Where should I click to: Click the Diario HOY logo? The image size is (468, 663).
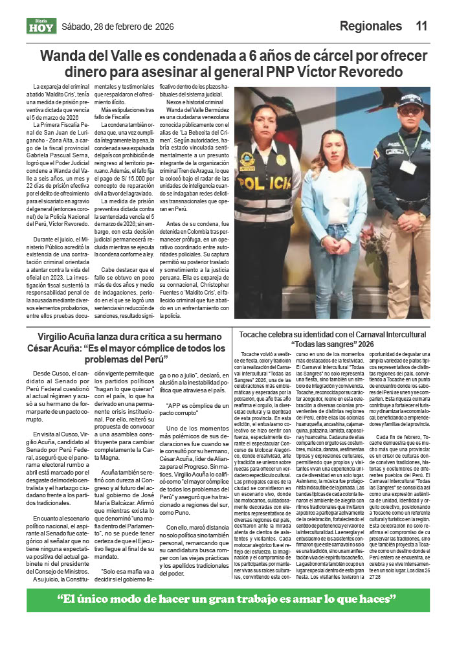(41, 26)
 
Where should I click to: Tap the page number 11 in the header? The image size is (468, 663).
(421, 27)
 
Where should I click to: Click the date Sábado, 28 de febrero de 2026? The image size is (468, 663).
(117, 27)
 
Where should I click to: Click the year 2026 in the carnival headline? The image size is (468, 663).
(366, 344)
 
